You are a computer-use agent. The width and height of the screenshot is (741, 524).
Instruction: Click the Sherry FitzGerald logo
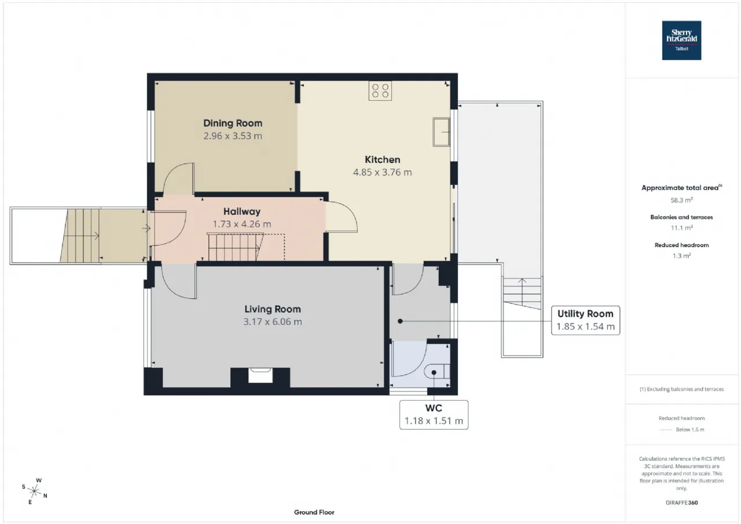click(x=681, y=41)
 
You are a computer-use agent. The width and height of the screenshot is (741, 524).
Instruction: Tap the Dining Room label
click(x=233, y=123)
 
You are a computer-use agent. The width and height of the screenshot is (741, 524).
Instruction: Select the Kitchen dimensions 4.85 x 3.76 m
click(x=383, y=172)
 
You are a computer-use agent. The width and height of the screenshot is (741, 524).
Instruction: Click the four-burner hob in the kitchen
click(x=380, y=91)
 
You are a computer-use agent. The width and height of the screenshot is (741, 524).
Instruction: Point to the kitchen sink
click(x=441, y=132)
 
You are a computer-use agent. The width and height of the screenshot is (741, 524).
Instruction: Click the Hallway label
click(x=242, y=211)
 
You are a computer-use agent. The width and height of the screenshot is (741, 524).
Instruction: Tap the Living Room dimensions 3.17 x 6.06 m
click(x=273, y=321)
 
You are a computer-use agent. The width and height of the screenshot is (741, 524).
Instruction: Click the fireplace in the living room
click(x=261, y=375)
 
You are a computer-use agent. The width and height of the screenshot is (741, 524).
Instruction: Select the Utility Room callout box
click(x=585, y=320)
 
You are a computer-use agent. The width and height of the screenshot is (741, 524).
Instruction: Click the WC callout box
click(x=434, y=415)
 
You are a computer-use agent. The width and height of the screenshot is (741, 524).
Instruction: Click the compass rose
click(x=34, y=491)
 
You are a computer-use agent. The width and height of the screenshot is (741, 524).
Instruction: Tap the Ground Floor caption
click(x=314, y=512)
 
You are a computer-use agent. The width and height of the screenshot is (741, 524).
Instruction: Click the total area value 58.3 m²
click(x=681, y=200)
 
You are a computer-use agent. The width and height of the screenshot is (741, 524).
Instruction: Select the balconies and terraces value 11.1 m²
click(x=681, y=228)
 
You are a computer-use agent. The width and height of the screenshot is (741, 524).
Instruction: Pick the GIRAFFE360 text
click(x=681, y=503)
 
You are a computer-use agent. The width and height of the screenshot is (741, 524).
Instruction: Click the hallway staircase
click(x=236, y=247)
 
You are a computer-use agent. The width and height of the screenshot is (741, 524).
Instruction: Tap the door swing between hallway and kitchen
click(x=342, y=217)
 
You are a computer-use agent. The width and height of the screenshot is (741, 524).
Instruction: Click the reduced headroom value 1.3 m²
click(x=681, y=256)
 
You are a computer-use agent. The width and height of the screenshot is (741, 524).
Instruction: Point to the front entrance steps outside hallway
click(x=80, y=236)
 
